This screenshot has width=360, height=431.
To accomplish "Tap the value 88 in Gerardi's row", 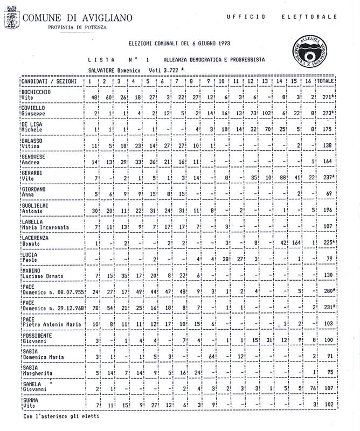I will pyautogui.click(x=280, y=178).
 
